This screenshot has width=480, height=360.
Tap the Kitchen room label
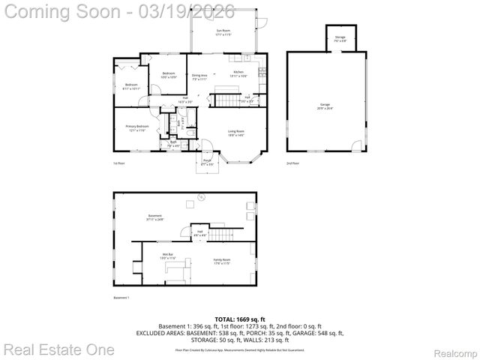239,73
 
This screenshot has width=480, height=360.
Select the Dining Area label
199,76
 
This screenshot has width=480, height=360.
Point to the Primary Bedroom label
137,127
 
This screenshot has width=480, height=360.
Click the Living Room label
236,133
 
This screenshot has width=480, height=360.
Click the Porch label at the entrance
207,161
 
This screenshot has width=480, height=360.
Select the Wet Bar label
168,256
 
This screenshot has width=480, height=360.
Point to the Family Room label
221,261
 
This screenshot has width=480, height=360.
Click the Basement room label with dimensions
154,218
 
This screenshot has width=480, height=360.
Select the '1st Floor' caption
118,163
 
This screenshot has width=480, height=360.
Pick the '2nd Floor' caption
292,163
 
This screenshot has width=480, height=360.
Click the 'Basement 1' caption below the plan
121,298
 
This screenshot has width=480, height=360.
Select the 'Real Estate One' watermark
58,349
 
